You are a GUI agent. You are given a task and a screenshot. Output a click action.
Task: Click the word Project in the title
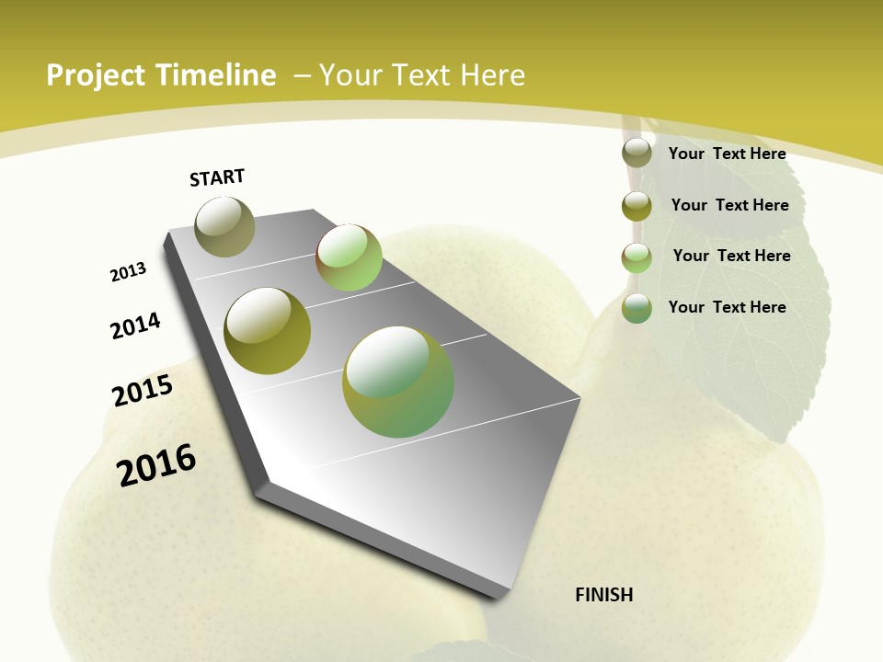(x=96, y=75)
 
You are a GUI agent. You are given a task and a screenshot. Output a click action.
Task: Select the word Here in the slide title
(x=492, y=75)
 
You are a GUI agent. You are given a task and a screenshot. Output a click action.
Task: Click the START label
(x=217, y=177)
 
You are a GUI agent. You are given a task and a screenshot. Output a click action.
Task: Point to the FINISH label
(x=604, y=595)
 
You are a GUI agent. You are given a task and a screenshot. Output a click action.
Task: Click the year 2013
(x=128, y=272)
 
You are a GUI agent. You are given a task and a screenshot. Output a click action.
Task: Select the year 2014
(x=136, y=325)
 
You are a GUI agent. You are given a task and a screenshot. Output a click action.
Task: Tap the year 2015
(x=143, y=391)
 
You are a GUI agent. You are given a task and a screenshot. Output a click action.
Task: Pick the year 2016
(x=156, y=465)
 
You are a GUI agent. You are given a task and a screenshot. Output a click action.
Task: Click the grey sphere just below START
(x=224, y=226)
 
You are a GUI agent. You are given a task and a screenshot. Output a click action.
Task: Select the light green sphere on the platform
(x=349, y=257)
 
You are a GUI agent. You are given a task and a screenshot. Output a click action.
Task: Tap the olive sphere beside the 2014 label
(x=268, y=331)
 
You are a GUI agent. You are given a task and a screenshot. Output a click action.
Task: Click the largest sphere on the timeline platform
(x=398, y=382)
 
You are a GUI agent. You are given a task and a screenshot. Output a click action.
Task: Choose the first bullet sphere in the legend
(x=636, y=153)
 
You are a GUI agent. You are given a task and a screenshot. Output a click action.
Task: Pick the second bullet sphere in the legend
(x=636, y=205)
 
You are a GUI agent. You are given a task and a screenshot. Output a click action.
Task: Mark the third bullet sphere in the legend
(x=636, y=257)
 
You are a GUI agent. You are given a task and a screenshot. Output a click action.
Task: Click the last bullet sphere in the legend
(x=636, y=308)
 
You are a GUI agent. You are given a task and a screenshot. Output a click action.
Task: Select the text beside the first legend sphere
(x=727, y=154)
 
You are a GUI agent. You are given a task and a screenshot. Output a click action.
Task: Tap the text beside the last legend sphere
(x=727, y=307)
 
